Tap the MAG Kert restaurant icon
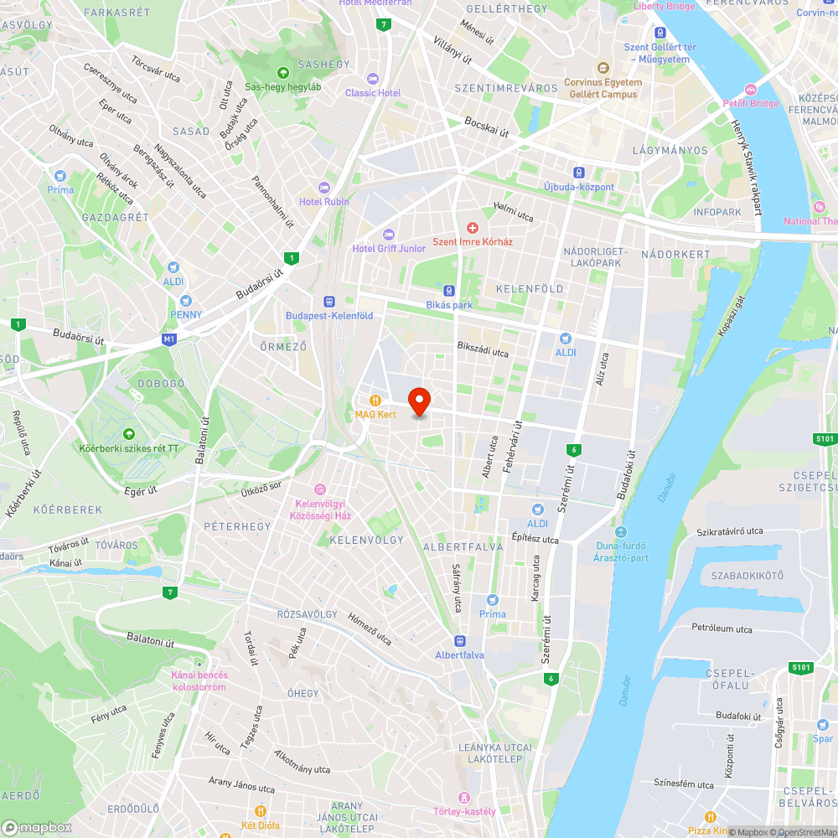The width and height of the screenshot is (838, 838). [376, 400]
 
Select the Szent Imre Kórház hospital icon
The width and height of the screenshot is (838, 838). [472, 227]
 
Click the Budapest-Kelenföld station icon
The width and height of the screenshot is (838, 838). [329, 302]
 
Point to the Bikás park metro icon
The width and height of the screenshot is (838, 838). [450, 291]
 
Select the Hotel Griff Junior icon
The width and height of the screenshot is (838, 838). [387, 234]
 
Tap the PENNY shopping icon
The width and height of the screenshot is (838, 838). [185, 300]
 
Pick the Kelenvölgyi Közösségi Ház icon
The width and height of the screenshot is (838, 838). [319, 489]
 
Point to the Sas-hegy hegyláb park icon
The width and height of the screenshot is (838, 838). [282, 72]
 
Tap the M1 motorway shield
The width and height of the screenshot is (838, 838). [170, 339]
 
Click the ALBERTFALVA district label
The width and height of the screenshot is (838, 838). [463, 546]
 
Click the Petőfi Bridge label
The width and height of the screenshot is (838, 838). [751, 104]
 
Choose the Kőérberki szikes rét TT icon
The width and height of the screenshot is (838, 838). [129, 433]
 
